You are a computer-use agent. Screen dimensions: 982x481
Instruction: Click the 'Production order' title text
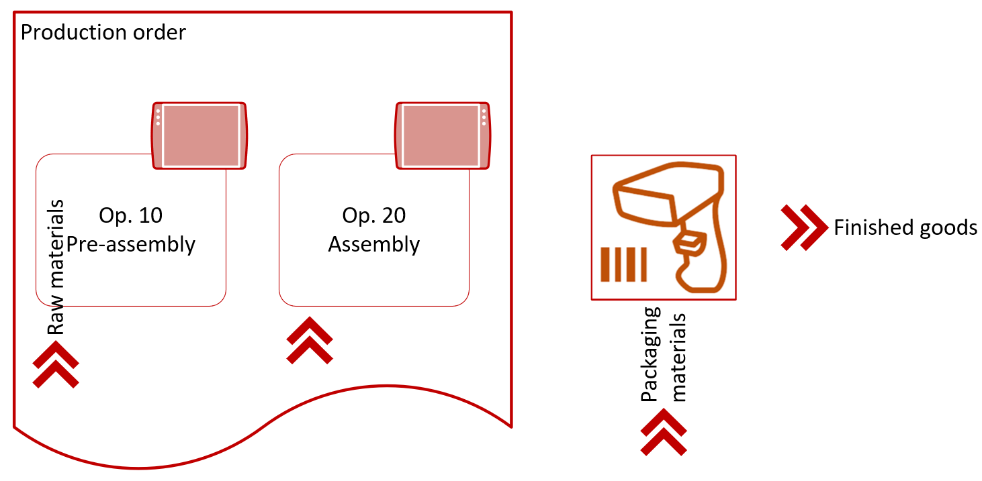tap(103, 33)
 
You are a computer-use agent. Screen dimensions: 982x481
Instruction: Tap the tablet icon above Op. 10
tap(199, 136)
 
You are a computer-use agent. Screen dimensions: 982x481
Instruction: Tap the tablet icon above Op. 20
tap(443, 136)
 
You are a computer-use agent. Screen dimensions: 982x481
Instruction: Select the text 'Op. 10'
tap(130, 215)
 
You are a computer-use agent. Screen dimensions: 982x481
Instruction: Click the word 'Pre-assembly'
tap(130, 244)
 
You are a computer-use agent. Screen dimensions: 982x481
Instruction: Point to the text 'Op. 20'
tap(374, 215)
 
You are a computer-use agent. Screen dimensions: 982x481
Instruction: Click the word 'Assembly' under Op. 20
tap(374, 244)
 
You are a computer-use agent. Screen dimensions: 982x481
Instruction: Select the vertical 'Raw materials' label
tap(56, 267)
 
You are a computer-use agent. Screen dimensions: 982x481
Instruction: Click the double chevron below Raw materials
tap(56, 364)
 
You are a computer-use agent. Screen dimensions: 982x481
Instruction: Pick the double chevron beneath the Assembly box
tap(310, 341)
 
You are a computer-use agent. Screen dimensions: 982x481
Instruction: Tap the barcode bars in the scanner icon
tap(623, 264)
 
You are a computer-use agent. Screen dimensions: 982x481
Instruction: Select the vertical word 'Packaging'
tap(650, 354)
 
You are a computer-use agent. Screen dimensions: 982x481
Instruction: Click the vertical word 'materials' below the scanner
tap(678, 357)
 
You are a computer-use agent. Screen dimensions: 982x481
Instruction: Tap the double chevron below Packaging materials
tap(664, 432)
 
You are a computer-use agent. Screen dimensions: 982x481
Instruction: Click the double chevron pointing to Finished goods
tap(805, 227)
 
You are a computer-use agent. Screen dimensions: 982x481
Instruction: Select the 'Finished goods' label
tap(905, 228)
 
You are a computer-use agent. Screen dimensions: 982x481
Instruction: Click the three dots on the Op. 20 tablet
tap(484, 117)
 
